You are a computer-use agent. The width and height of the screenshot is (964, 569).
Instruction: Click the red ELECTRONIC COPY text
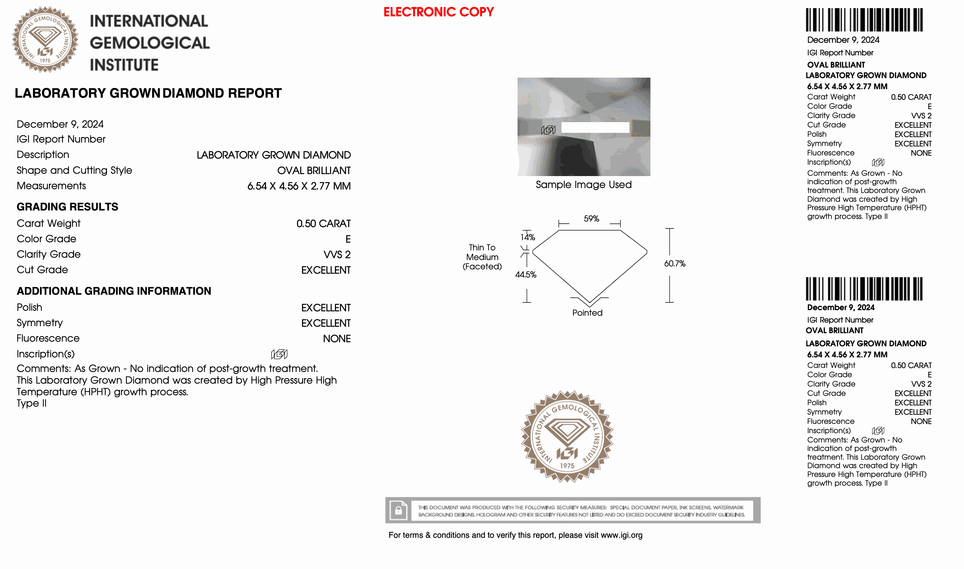(x=439, y=12)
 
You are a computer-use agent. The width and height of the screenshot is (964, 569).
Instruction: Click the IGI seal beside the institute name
(x=45, y=39)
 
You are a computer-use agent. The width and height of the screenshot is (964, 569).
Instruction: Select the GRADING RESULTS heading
(x=67, y=207)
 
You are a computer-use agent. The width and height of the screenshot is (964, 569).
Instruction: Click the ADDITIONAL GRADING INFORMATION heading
(x=114, y=291)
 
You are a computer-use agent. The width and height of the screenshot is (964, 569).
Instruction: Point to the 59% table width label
(x=591, y=219)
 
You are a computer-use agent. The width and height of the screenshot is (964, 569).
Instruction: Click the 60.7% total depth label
(x=674, y=264)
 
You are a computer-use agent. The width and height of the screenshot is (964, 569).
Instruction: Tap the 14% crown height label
(x=528, y=237)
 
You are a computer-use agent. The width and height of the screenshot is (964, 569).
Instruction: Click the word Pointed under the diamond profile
(x=587, y=313)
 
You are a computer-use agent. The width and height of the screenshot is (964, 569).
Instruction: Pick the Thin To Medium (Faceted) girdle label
(x=482, y=257)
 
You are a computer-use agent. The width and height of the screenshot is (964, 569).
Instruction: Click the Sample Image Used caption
(x=583, y=185)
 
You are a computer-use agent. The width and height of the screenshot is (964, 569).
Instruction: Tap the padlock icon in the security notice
(x=398, y=510)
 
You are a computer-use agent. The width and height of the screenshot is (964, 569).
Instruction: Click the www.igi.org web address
(x=621, y=535)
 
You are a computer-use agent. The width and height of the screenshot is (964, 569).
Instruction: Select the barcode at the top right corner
(x=864, y=20)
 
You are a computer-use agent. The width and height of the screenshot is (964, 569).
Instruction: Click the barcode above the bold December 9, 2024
(x=864, y=289)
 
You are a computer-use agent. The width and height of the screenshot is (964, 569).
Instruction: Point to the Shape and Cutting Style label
(x=74, y=170)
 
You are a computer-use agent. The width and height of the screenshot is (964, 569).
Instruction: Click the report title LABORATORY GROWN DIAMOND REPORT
(x=148, y=93)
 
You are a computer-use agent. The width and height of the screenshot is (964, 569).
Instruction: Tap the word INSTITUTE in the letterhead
(x=124, y=65)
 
